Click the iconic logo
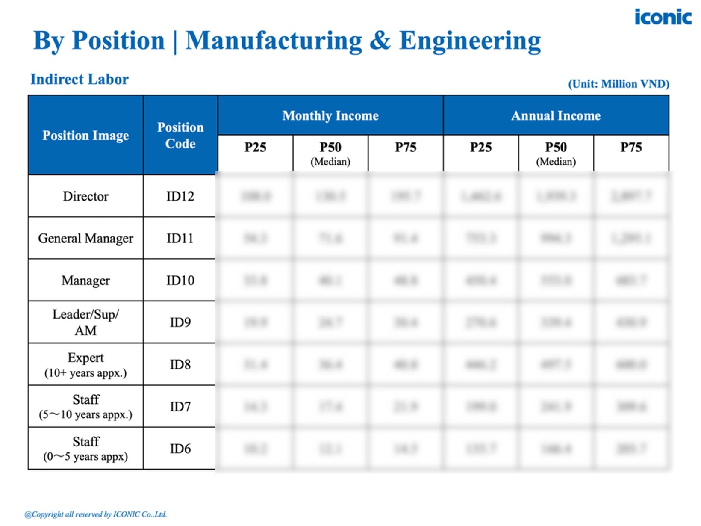click(x=663, y=17)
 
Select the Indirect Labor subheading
click(x=79, y=79)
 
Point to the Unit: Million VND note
click(x=618, y=83)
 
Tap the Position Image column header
click(x=85, y=135)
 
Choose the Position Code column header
click(x=180, y=135)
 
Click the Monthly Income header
click(x=330, y=115)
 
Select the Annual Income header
click(x=556, y=115)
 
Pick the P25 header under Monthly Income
click(x=255, y=148)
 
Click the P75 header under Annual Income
click(x=631, y=148)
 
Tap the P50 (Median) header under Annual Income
click(x=556, y=153)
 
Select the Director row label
click(x=85, y=196)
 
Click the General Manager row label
click(x=85, y=238)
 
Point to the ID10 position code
click(x=180, y=281)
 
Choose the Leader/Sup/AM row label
click(x=85, y=322)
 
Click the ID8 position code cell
click(x=180, y=364)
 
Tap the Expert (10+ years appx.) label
click(x=85, y=364)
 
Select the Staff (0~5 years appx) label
click(x=85, y=449)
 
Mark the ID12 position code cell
click(x=180, y=196)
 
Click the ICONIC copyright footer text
click(x=95, y=514)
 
